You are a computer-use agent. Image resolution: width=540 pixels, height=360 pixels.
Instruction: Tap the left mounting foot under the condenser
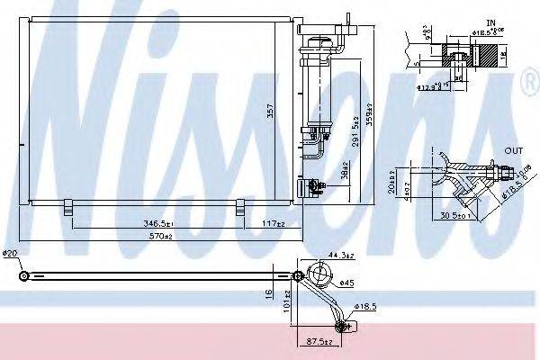click(68, 210)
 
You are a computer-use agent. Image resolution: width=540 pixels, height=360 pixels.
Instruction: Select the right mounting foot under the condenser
click(240, 210)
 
